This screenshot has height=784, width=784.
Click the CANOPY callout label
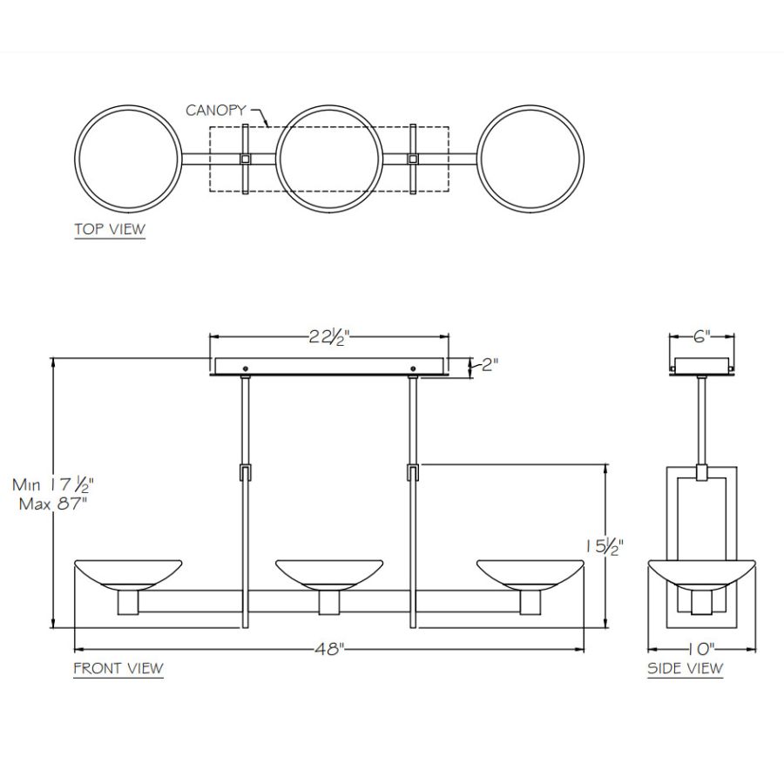[215, 110]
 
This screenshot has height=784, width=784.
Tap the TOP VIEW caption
[110, 229]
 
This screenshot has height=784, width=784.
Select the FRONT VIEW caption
[118, 668]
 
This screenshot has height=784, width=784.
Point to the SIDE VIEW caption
[685, 668]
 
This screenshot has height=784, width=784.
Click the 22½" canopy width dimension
[328, 337]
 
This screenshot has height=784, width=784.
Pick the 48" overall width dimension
[329, 649]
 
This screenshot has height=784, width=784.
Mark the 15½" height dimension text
[605, 546]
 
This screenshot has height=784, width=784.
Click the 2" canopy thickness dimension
[490, 364]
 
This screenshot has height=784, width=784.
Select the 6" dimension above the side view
[701, 336]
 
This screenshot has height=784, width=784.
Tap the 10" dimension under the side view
[700, 649]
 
